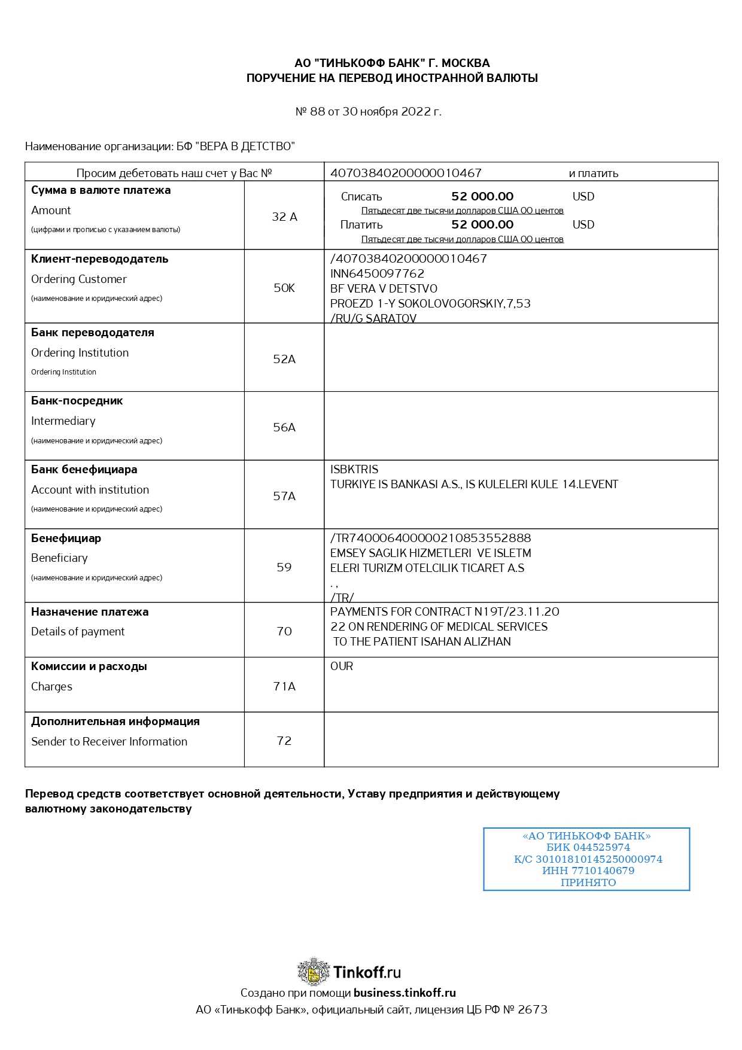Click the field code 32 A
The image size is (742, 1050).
click(284, 217)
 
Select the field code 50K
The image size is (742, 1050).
click(284, 288)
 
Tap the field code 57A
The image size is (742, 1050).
click(284, 496)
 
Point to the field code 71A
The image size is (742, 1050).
click(284, 686)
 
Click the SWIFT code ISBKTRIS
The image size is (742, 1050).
click(354, 469)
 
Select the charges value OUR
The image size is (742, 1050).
click(342, 666)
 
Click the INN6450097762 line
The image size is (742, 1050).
click(377, 273)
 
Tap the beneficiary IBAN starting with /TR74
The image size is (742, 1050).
click(430, 538)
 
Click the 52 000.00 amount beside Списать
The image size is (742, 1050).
click(482, 196)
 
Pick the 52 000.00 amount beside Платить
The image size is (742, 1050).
click(482, 224)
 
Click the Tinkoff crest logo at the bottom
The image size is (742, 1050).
click(314, 972)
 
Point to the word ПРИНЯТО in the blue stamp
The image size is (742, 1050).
click(588, 882)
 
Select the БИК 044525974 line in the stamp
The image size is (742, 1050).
click(588, 847)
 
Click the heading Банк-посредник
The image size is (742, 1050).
click(77, 401)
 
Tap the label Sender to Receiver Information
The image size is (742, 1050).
click(109, 741)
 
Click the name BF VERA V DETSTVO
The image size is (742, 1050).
click(384, 288)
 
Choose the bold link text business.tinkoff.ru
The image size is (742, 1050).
click(405, 993)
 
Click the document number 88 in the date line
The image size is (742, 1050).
click(317, 111)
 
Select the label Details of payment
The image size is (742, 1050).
click(78, 631)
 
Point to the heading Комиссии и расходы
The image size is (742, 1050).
click(89, 666)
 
